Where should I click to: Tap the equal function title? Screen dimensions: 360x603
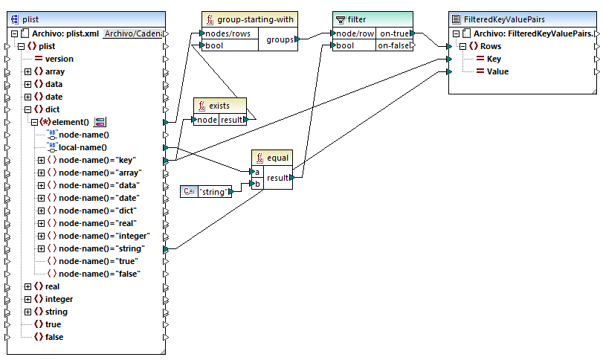pos(277,158)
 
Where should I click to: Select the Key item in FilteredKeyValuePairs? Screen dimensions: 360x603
pos(494,59)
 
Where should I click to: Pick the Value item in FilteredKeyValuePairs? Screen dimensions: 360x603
pos(497,71)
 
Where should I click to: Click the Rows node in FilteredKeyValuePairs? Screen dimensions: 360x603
pos(490,46)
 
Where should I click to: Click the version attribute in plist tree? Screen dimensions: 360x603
pos(59,59)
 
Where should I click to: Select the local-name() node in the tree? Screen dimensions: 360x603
pos(83,147)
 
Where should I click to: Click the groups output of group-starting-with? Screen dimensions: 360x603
pos(280,39)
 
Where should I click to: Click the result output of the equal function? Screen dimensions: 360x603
pos(277,178)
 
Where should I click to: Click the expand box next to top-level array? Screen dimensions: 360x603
pos(28,71)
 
